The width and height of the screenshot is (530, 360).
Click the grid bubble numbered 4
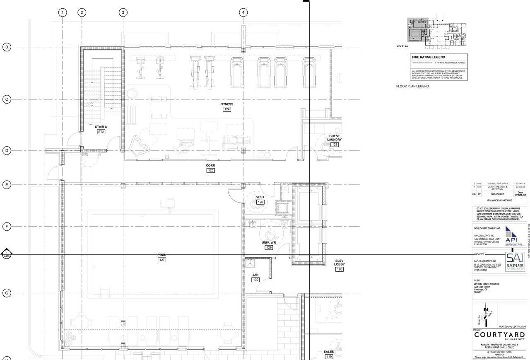243,12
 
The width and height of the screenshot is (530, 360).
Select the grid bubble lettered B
7,47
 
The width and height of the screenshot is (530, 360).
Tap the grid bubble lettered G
7,293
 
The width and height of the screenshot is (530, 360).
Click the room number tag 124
226,109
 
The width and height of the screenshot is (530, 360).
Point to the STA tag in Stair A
101,132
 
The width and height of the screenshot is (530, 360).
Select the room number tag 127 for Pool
162,260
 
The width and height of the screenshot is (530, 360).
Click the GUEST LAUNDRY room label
335,138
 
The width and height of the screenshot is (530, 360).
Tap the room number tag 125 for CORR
211,170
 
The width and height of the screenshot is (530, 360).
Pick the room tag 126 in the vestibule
260,202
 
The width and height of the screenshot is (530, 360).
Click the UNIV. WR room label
269,242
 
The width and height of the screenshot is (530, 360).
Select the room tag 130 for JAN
255,280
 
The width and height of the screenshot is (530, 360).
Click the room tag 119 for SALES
329,356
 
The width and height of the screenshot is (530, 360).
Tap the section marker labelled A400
7,254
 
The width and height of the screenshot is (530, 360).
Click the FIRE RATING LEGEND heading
428,57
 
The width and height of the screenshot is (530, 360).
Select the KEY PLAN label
402,46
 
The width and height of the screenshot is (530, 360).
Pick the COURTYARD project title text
499,335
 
